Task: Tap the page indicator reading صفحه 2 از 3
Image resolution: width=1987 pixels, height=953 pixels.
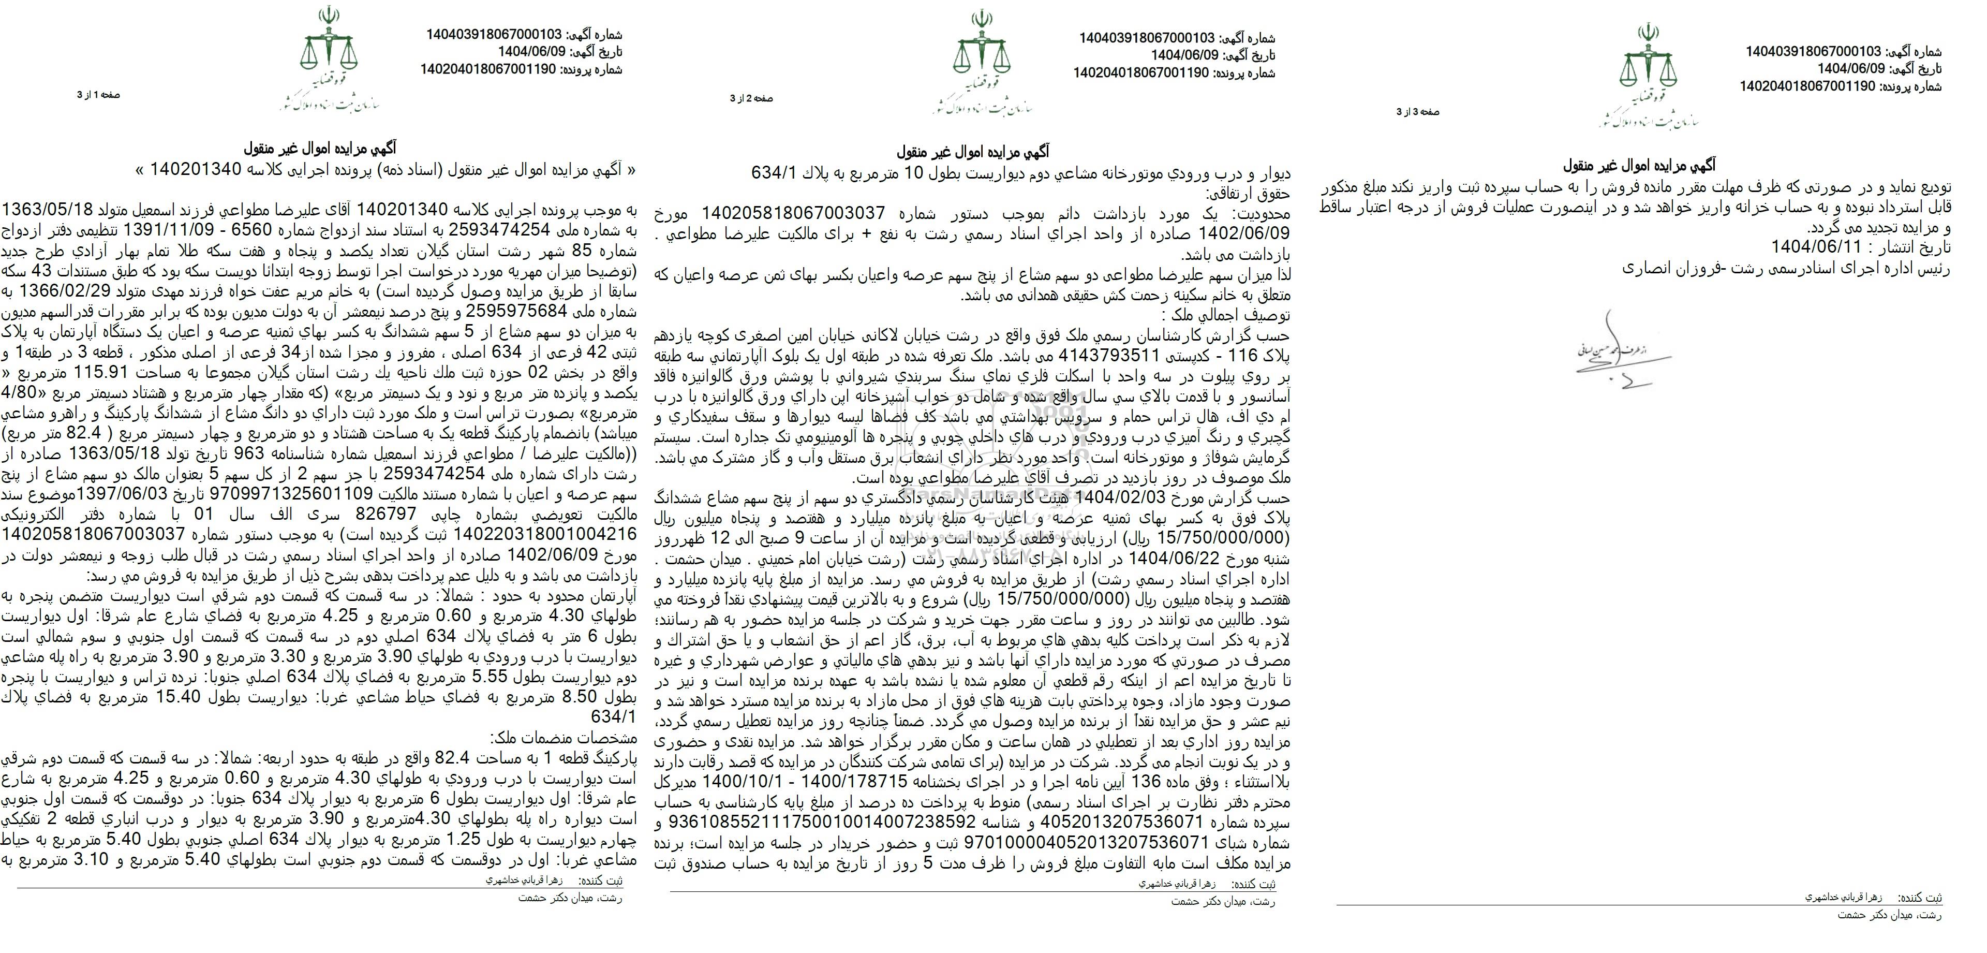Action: [x=751, y=99]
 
